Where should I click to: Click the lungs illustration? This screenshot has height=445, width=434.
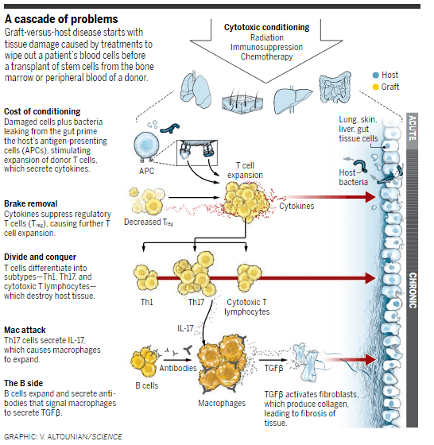click(x=196, y=90)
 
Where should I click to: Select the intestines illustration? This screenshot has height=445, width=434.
click(x=335, y=87)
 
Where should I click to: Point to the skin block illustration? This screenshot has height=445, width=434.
click(x=242, y=103)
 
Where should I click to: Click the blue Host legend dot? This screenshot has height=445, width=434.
click(x=375, y=75)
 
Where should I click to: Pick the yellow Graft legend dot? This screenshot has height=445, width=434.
click(x=375, y=87)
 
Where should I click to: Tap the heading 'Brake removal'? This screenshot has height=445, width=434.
click(x=31, y=203)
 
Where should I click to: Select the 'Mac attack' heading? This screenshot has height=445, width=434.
click(x=25, y=330)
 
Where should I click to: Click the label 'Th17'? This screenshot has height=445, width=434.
click(x=196, y=302)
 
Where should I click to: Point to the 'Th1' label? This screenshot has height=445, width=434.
click(x=147, y=302)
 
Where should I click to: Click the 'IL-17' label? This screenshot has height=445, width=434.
click(x=185, y=328)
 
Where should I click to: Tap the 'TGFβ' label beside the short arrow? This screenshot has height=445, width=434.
click(x=274, y=368)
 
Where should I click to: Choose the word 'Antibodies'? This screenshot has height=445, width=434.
click(x=178, y=368)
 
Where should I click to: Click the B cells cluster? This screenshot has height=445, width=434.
click(x=145, y=362)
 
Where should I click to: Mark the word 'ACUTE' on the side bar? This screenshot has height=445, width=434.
click(x=413, y=127)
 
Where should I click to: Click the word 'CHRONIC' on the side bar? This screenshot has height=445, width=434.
click(x=413, y=291)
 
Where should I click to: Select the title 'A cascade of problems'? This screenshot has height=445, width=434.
click(x=61, y=19)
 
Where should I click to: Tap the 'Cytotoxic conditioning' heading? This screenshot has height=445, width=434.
click(x=266, y=27)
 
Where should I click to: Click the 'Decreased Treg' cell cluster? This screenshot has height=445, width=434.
click(x=147, y=200)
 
